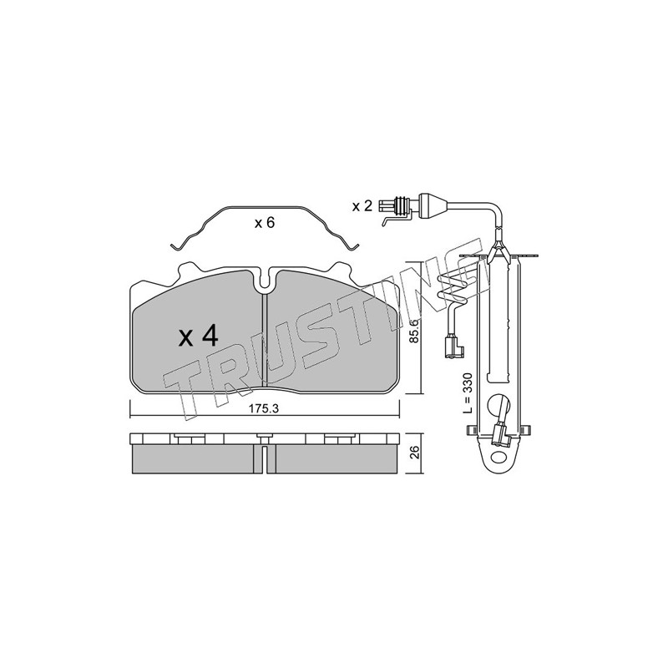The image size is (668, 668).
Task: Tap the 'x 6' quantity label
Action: point(264,223)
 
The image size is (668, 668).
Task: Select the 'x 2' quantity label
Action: point(362,206)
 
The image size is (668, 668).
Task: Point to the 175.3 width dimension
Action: point(264,408)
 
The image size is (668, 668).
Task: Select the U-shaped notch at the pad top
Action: point(266,281)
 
